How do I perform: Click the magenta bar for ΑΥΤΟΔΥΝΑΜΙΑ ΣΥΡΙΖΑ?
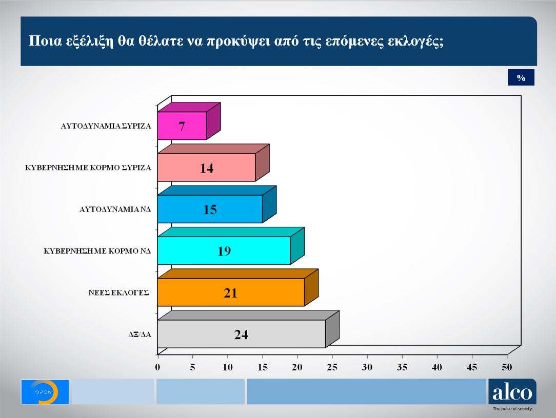pyautogui.click(x=174, y=126)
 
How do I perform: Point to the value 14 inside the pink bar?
pyautogui.click(x=207, y=168)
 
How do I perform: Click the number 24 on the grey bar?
pyautogui.click(x=241, y=335)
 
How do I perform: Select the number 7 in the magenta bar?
pyautogui.click(x=182, y=127)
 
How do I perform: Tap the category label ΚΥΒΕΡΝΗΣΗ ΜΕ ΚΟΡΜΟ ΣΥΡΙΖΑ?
pyautogui.click(x=88, y=168)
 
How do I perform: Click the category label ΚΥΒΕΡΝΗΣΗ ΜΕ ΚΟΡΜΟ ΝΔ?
pyautogui.click(x=96, y=250)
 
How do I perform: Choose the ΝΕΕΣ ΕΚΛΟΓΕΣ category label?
pyautogui.click(x=119, y=292)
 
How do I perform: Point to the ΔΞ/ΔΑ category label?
pyautogui.click(x=139, y=335)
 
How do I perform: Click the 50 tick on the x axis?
pyautogui.click(x=507, y=367)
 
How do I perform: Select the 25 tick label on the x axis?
pyautogui.click(x=332, y=367)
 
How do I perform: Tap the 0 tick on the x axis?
pyautogui.click(x=157, y=367)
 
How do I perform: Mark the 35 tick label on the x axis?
pyautogui.click(x=402, y=367)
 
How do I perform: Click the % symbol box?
pyautogui.click(x=521, y=78)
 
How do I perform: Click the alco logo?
pyautogui.click(x=512, y=392)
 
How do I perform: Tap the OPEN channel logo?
pyautogui.click(x=45, y=392)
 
